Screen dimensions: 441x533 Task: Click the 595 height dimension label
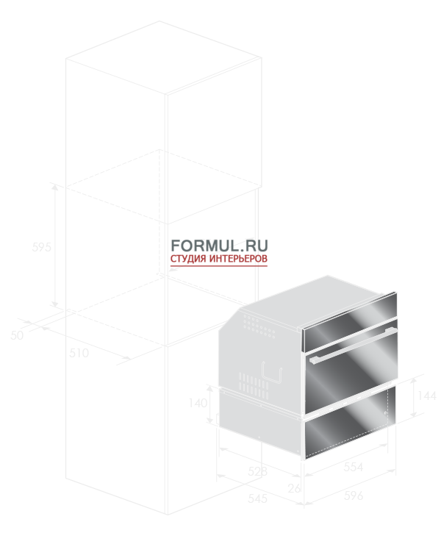click(x=41, y=247)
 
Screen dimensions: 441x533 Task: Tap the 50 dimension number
click(x=17, y=335)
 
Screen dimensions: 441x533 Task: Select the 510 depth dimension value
click(x=79, y=353)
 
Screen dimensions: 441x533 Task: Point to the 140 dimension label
click(x=198, y=403)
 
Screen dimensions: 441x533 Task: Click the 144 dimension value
click(x=427, y=396)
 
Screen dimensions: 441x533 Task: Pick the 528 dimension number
click(x=257, y=471)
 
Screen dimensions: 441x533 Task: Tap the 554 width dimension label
click(x=354, y=467)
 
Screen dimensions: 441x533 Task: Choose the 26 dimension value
click(x=294, y=488)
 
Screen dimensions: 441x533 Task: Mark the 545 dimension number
click(x=257, y=498)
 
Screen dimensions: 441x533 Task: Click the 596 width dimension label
click(x=354, y=496)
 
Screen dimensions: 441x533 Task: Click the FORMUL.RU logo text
click(x=219, y=246)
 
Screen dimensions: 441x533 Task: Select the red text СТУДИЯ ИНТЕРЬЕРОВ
click(x=219, y=259)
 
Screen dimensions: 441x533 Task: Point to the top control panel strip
click(x=350, y=322)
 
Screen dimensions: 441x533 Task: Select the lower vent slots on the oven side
click(x=254, y=385)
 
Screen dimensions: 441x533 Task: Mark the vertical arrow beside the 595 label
click(x=55, y=246)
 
